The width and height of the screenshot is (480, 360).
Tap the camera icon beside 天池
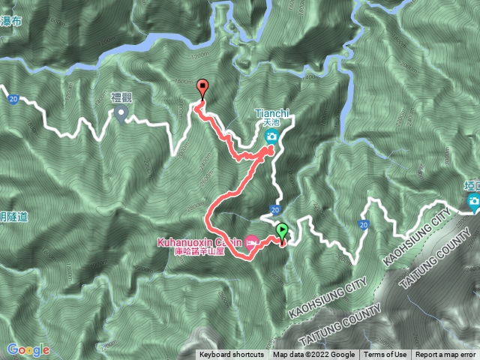point(271,136)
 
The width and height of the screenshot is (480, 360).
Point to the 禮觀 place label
point(121,98)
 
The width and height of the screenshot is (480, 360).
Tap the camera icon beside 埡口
point(474,201)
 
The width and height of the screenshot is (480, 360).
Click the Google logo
point(28,349)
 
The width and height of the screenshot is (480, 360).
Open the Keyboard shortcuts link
point(232,355)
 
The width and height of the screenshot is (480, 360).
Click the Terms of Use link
point(385,355)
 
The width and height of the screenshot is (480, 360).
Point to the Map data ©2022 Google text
point(313,355)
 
